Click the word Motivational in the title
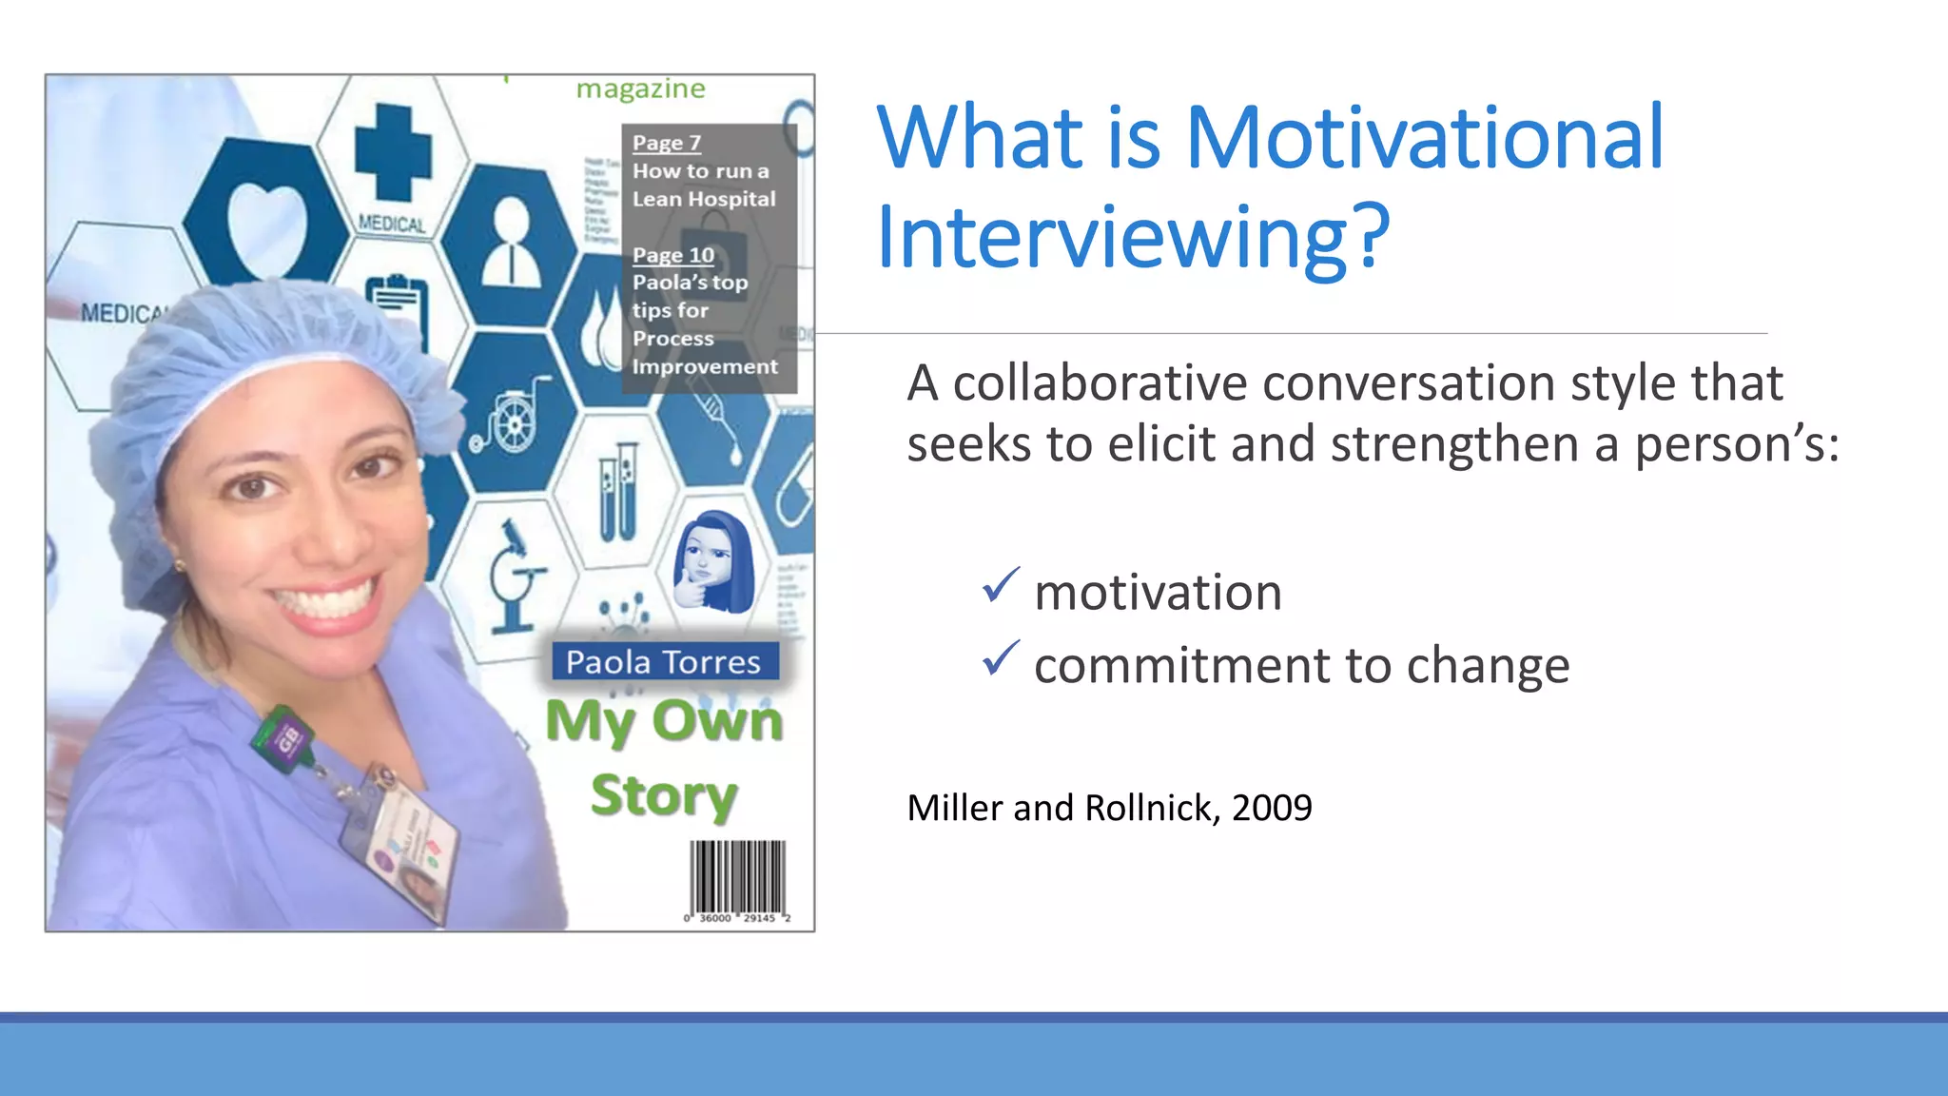1424,138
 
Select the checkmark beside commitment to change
1000,658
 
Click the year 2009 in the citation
1272,808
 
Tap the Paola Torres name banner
664,661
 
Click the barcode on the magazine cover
737,878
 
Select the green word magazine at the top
640,88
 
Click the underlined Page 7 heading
666,143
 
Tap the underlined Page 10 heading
672,255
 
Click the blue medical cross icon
393,152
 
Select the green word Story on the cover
663,795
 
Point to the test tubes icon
616,492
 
